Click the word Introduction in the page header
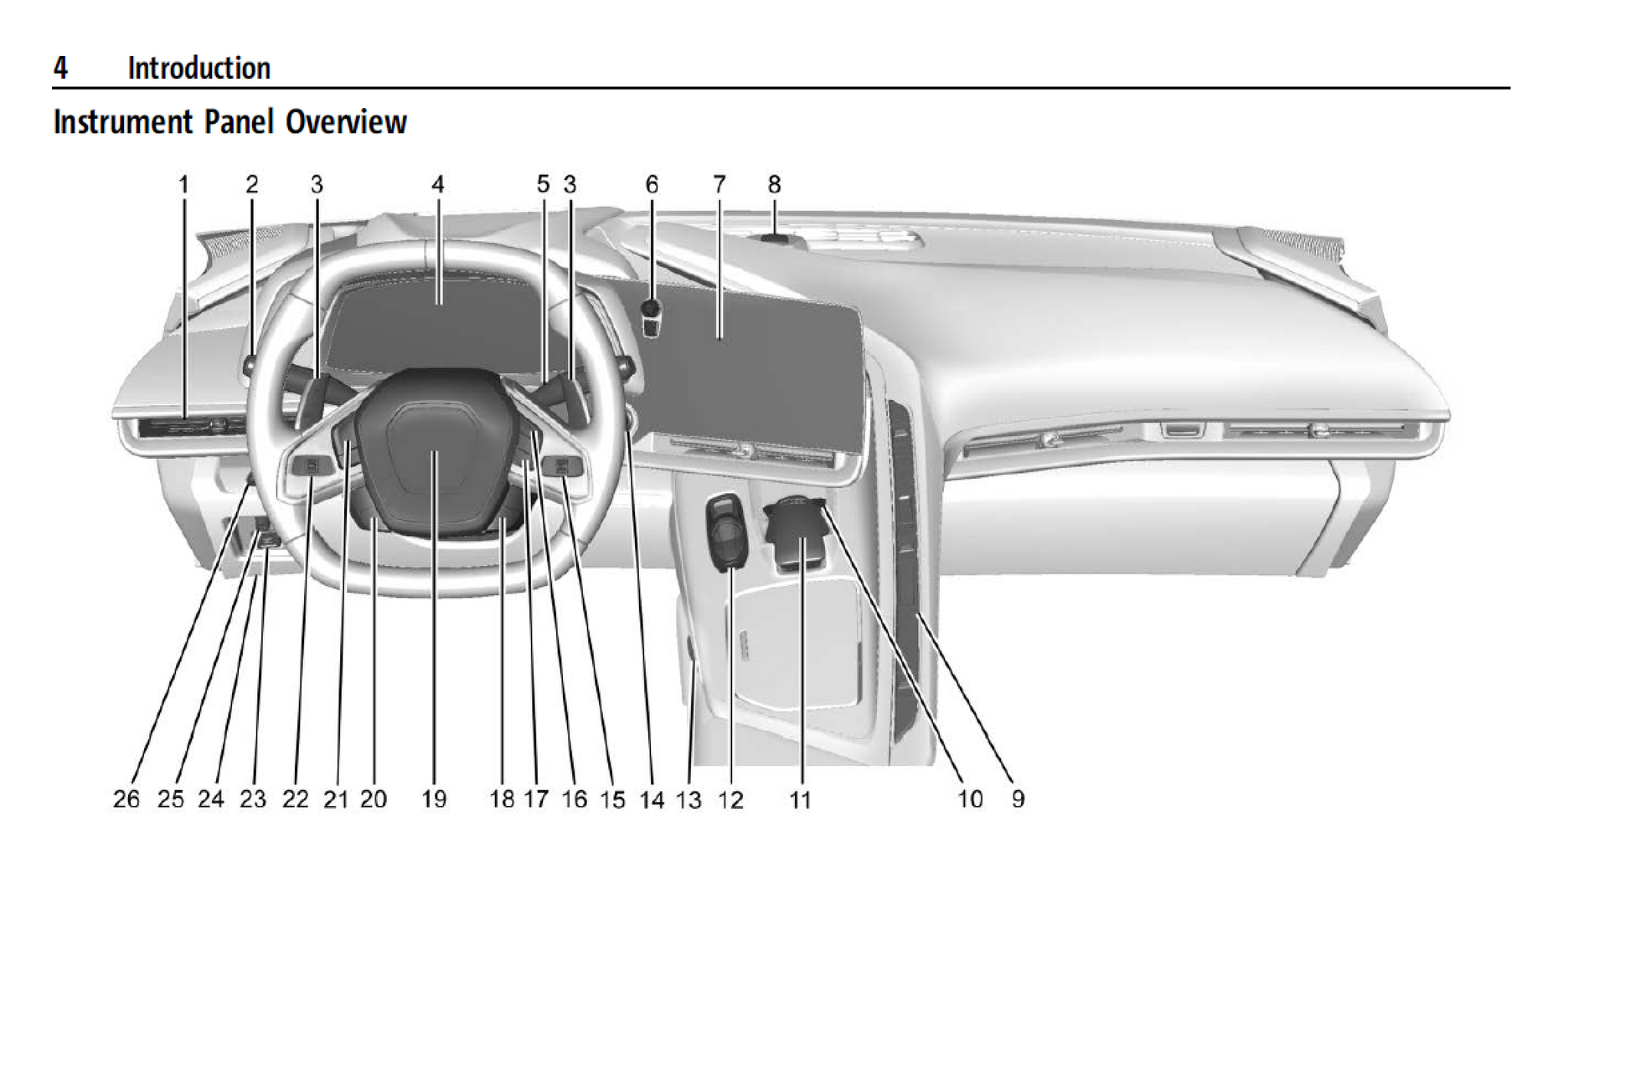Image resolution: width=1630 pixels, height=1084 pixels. point(199,68)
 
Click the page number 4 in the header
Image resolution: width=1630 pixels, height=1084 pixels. point(60,68)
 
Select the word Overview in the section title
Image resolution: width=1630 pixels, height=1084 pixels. point(346,122)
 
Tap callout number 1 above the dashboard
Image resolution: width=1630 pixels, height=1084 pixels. point(183,184)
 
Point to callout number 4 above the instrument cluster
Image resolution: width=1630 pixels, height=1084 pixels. point(437,184)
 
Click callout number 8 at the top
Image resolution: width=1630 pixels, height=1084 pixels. point(774,184)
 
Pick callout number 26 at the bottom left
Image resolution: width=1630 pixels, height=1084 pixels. point(126,799)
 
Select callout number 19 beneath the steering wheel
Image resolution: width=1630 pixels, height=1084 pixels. point(434,799)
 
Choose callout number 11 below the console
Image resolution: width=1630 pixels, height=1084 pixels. point(801,800)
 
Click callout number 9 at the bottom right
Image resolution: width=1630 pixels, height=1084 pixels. point(1018,799)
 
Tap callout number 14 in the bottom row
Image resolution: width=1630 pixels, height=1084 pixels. point(652,800)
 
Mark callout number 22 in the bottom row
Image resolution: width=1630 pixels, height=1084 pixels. point(296,799)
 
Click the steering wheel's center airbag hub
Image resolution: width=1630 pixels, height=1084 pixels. point(433,450)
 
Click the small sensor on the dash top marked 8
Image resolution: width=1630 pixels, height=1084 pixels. point(776,239)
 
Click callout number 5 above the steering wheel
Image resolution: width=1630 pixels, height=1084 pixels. point(543,184)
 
